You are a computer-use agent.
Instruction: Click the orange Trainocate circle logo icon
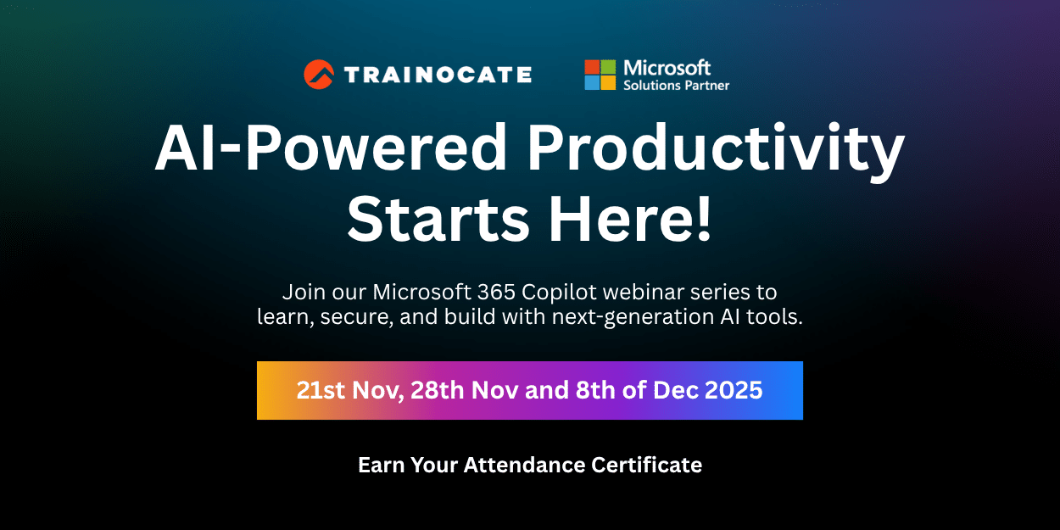click(319, 75)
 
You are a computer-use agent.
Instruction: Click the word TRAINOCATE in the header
click(438, 75)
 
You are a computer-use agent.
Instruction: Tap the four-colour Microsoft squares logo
click(600, 75)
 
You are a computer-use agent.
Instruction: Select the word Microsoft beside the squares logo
click(667, 67)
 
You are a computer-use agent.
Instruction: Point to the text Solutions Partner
click(676, 85)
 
